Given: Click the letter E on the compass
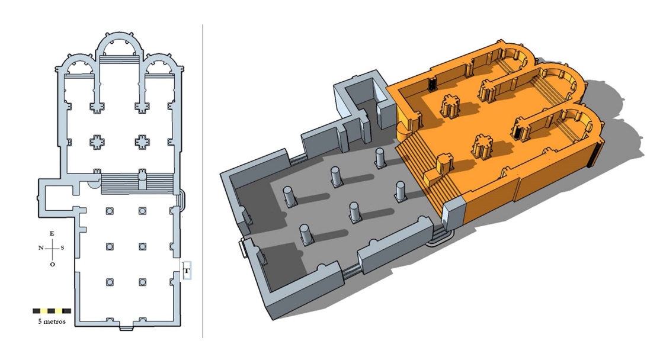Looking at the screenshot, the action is pyautogui.click(x=52, y=233).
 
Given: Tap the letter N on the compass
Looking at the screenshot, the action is pyautogui.click(x=41, y=248).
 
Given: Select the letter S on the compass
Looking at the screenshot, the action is pyautogui.click(x=62, y=248).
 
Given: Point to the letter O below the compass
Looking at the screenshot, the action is pyautogui.click(x=52, y=264).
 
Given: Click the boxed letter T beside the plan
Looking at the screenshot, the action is pyautogui.click(x=187, y=271).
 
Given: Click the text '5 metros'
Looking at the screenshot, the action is pyautogui.click(x=52, y=322).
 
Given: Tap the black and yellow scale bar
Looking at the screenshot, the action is pyautogui.click(x=52, y=311).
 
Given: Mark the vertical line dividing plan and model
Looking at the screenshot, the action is pyautogui.click(x=203, y=181).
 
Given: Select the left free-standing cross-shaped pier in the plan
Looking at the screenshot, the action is pyautogui.click(x=97, y=142).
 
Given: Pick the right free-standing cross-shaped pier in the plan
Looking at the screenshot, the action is pyautogui.click(x=142, y=142).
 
